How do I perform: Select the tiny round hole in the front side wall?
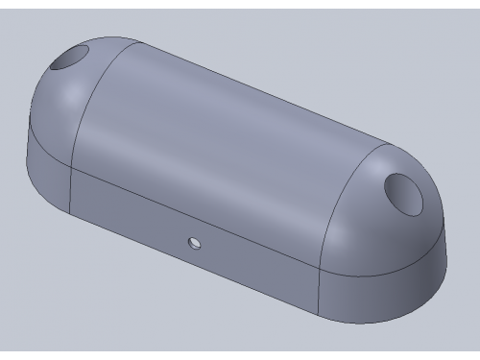click(195, 240)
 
